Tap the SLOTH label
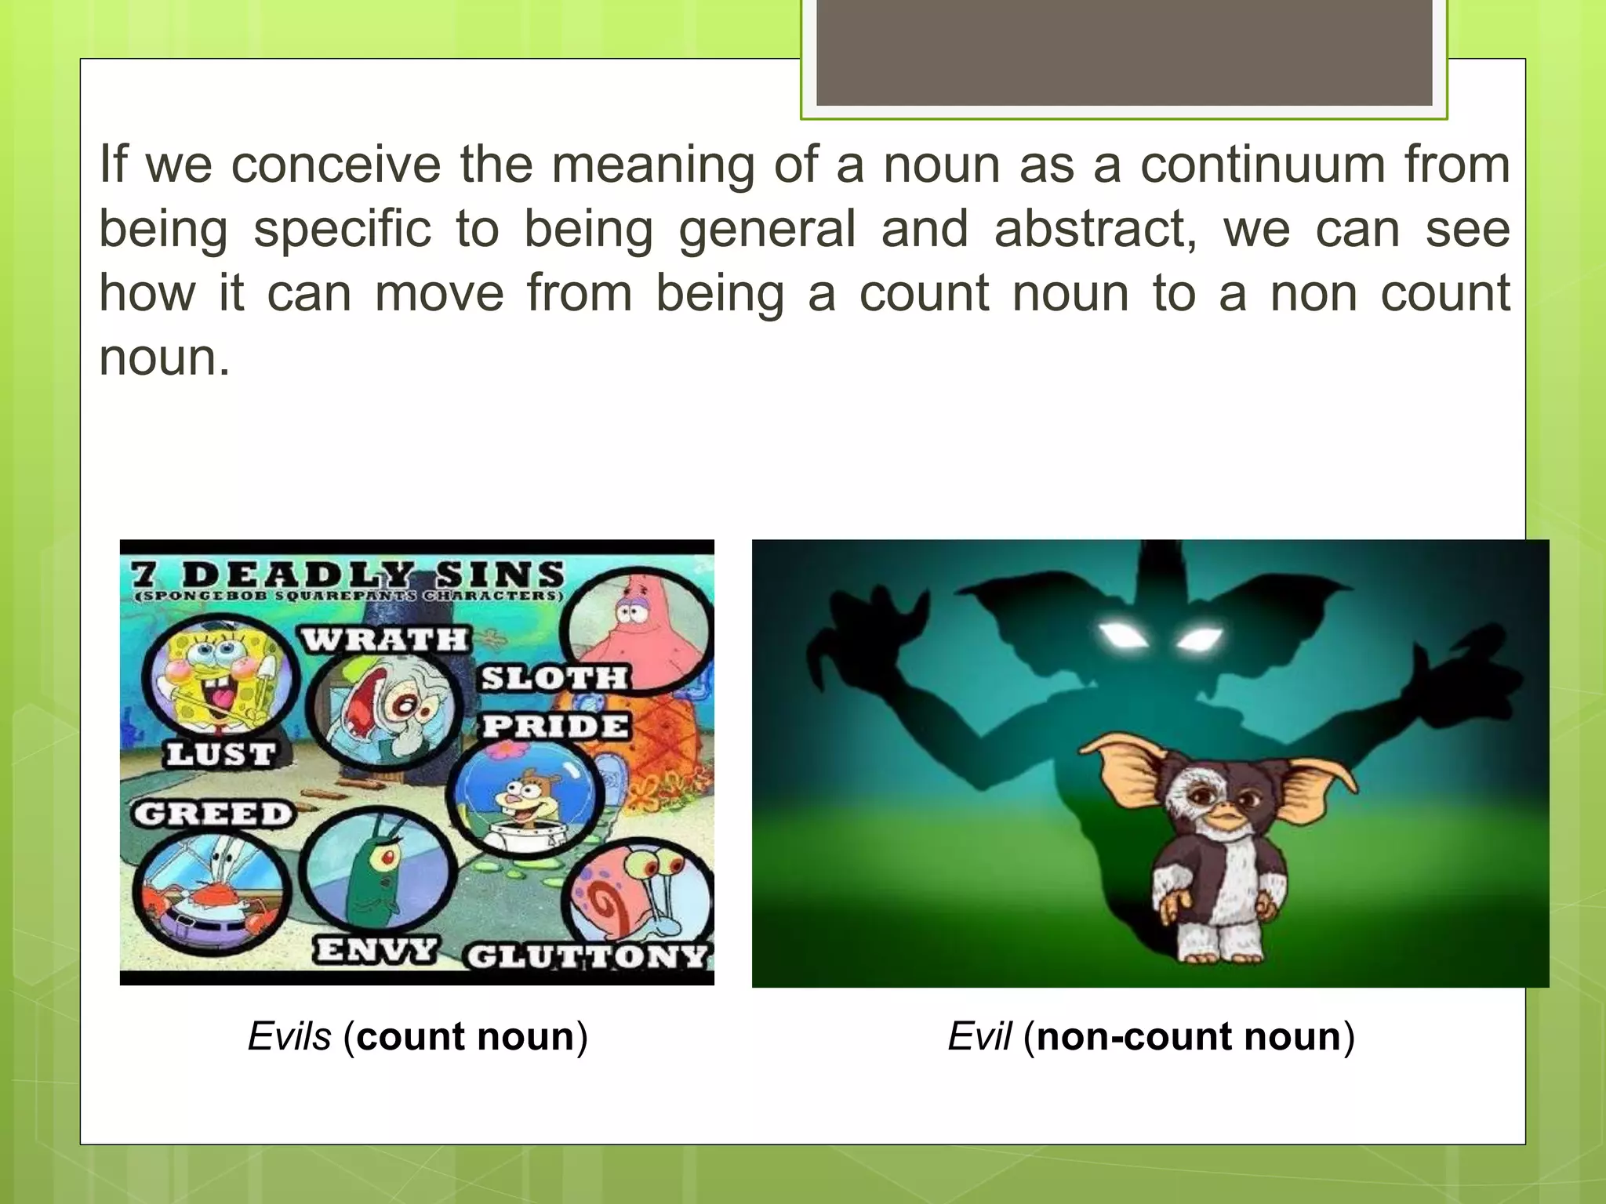(554, 678)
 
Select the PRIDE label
(555, 726)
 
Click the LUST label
(220, 754)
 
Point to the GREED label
(213, 814)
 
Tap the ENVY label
(375, 951)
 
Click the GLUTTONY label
(587, 957)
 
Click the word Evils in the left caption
(289, 1036)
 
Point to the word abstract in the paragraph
(1094, 230)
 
